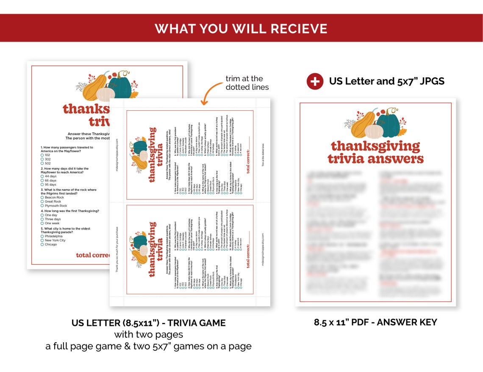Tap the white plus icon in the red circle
tap(315, 81)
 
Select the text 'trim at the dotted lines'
tap(247, 83)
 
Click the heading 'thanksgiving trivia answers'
tap(375, 152)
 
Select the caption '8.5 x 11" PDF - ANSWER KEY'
tap(375, 322)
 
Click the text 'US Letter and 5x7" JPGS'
tap(386, 81)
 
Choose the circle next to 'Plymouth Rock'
tap(42, 206)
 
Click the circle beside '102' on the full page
tap(42, 155)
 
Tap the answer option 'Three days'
tap(53, 219)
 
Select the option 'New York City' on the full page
tap(55, 241)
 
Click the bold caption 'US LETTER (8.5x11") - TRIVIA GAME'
tap(148, 323)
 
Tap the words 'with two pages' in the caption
tap(148, 335)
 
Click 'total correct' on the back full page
tap(92, 255)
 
